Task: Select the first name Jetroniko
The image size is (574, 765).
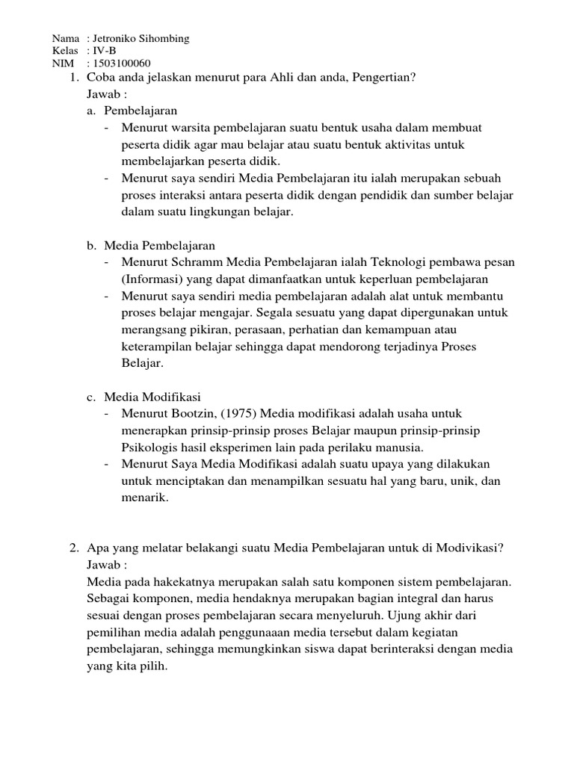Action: (x=114, y=38)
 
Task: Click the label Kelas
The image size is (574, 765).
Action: (x=65, y=51)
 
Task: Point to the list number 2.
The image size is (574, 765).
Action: (x=73, y=548)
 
